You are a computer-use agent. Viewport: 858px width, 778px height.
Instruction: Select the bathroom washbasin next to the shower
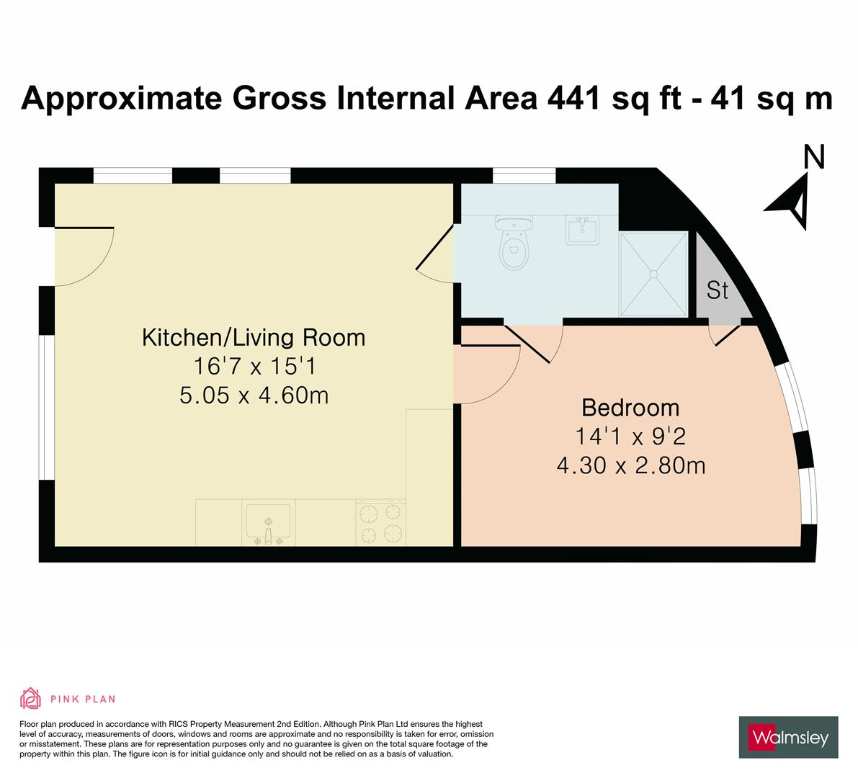point(583,230)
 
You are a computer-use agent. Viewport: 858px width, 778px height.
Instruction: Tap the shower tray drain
point(654,274)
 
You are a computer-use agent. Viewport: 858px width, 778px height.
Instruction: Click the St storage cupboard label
point(718,290)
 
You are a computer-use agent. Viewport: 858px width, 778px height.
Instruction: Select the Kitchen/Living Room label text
point(254,337)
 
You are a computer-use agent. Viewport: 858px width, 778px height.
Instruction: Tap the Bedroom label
point(630,408)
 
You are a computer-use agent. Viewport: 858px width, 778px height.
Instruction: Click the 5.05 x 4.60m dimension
point(254,395)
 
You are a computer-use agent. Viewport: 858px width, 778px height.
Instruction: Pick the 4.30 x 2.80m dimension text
point(630,466)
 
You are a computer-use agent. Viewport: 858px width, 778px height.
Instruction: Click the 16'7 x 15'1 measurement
point(254,367)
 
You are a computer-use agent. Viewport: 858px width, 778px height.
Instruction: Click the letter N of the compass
point(813,157)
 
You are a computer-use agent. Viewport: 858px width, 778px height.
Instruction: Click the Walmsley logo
point(788,737)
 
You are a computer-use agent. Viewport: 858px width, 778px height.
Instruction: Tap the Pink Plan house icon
point(31,698)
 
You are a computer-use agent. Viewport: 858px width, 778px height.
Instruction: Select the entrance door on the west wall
point(83,256)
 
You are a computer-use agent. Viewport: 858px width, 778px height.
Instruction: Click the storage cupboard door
point(726,336)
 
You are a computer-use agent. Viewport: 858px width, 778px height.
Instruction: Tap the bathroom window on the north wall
point(524,175)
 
